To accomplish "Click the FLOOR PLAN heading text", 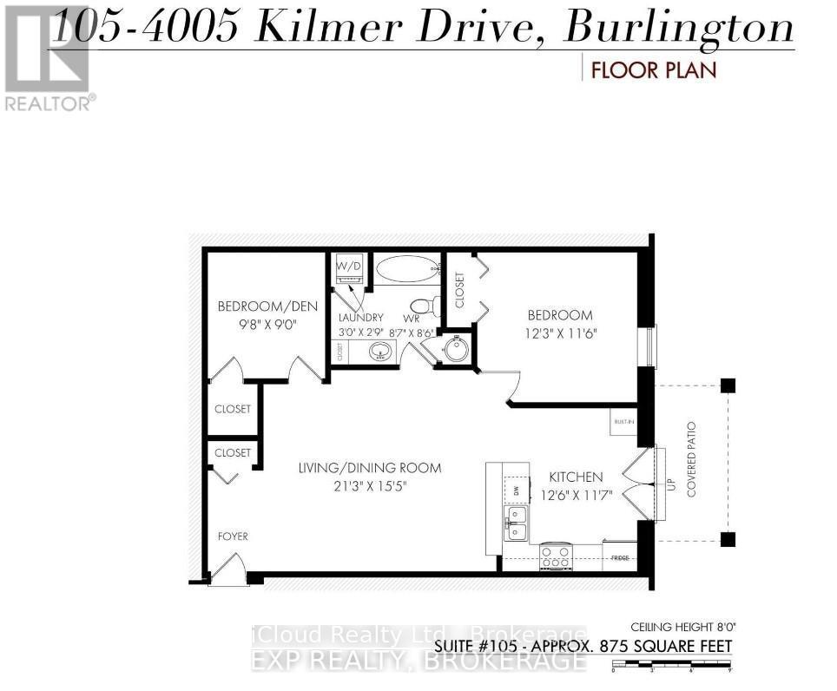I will tap(654, 69).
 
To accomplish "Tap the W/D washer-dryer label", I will tap(349, 265).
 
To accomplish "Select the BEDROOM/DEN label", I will tap(267, 306).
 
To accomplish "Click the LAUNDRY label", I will tap(360, 319).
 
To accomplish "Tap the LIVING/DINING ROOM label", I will tap(369, 468).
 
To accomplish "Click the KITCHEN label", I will tap(576, 477).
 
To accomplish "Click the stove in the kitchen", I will tap(556, 556).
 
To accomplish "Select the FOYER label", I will tap(233, 536).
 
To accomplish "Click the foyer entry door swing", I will tap(227, 570).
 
